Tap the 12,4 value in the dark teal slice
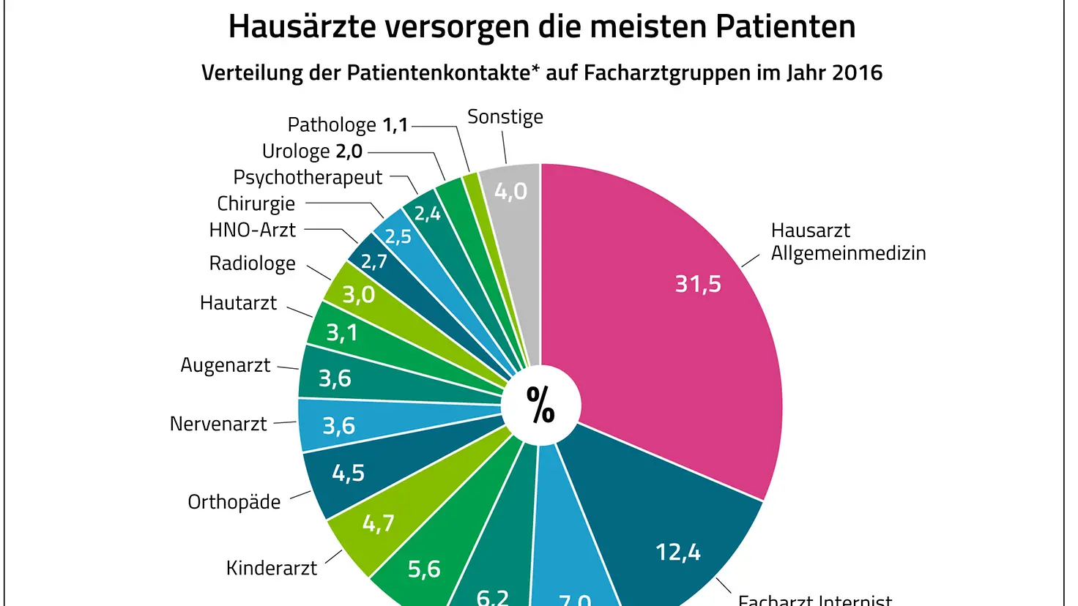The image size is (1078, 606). coord(677,552)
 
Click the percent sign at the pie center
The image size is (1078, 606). coord(540,405)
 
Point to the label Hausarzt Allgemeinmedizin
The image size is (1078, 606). coord(848,242)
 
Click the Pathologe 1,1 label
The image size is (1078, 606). coord(347,125)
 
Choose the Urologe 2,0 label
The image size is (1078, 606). coord(312,151)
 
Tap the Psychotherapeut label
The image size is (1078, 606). coord(308,178)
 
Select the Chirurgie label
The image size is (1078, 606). coord(256,204)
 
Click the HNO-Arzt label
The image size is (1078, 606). coord(252,231)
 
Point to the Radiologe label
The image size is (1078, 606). coord(252,263)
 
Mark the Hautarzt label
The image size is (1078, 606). coord(238,303)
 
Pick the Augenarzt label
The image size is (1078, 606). coord(226,365)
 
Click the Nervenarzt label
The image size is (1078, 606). coord(218,424)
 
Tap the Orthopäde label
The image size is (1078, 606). coord(234,502)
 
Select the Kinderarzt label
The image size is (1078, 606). coord(272,569)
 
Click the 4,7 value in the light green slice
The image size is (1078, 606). coord(379,523)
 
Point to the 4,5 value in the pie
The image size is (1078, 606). coord(348,474)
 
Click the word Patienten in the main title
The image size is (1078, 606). coord(785,26)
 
